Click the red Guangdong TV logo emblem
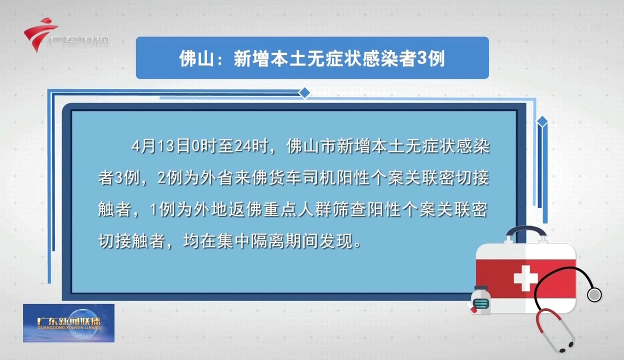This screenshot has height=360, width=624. tap(39, 33)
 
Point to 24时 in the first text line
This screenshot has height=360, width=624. tap(254, 147)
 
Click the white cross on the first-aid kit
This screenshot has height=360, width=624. tap(525, 278)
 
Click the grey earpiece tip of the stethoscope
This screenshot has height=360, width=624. tap(594, 294)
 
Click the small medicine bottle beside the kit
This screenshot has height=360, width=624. tap(480, 299)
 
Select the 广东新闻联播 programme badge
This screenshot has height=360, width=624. tap(68, 323)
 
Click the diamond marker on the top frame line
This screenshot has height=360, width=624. tap(304, 92)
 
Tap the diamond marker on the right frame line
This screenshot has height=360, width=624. tap(542, 121)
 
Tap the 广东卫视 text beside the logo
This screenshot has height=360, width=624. tap(79, 41)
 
